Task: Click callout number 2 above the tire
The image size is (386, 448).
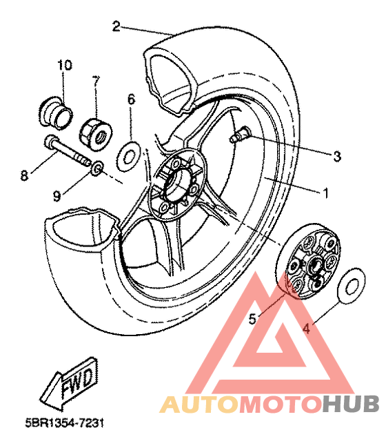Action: coord(116,26)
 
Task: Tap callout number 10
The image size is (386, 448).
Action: coord(65,65)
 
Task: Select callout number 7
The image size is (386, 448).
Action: coord(96,81)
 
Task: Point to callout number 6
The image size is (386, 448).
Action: coord(131,99)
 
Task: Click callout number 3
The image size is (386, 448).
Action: coord(337,156)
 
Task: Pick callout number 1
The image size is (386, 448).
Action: coord(325,193)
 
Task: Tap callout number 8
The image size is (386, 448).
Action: coord(25,175)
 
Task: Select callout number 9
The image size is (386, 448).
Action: coord(57,196)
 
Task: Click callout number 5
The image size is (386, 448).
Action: coord(252,319)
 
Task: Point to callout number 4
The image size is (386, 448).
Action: coord(306,329)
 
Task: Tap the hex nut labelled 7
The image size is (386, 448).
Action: coord(96,132)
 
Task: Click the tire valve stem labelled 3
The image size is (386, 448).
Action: coord(240,135)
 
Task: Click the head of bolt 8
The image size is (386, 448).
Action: coord(50,141)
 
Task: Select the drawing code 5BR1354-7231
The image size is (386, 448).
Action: coord(65,423)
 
